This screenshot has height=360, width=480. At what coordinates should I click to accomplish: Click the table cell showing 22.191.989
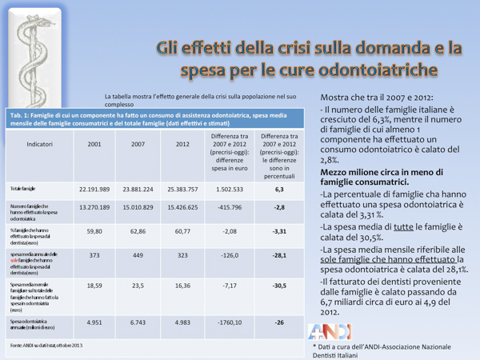pos(94,190)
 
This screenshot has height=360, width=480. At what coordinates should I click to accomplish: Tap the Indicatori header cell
pos(40,145)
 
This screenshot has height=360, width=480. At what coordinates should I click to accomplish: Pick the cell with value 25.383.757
pos(182,190)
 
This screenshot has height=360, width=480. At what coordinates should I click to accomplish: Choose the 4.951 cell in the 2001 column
pos(94,322)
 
